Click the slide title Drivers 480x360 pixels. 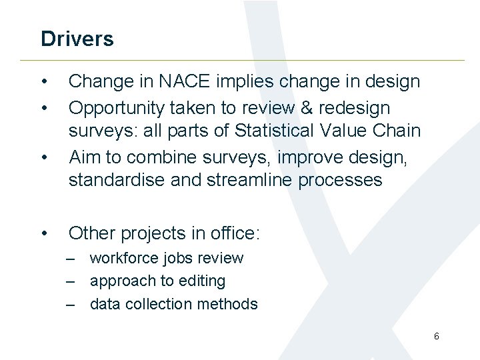point(77,39)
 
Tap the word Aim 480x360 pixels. point(84,157)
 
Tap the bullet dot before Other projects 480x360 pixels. point(44,233)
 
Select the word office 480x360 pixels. point(233,233)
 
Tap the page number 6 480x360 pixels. point(436,336)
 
